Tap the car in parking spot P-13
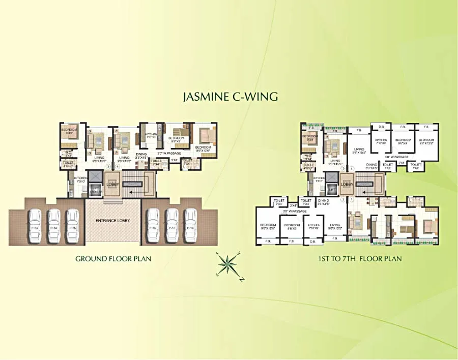35,224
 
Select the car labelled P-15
73,224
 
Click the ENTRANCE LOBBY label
112,221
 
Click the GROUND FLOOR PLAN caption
113,259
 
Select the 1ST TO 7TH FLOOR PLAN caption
360,259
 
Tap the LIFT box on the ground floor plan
95,190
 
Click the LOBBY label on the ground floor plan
112,184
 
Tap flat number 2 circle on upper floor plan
343,200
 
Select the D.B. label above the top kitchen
381,127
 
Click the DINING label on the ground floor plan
141,154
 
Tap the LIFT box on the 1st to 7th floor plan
331,190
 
